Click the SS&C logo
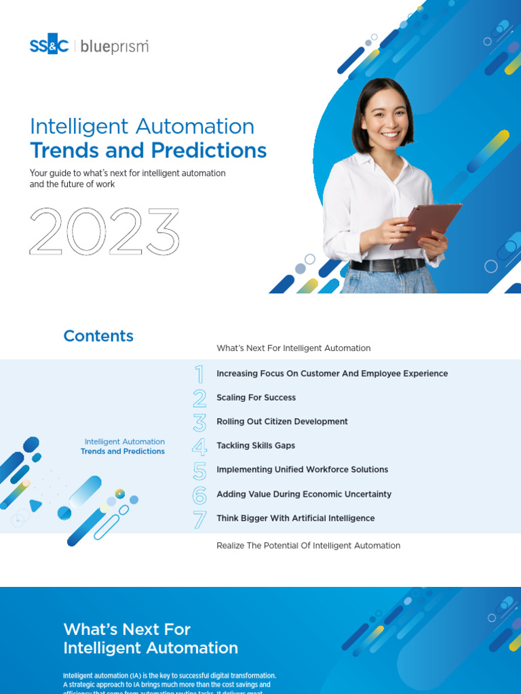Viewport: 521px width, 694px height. click(x=49, y=46)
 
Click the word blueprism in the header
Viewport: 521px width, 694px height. click(x=114, y=46)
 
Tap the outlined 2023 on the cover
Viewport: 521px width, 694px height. click(x=104, y=232)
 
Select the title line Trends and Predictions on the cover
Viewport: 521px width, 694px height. click(x=148, y=150)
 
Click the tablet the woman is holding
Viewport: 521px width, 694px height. click(x=425, y=226)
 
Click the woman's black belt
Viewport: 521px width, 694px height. click(x=387, y=265)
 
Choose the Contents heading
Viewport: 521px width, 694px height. click(x=98, y=336)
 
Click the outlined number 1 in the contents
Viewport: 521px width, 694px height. click(x=199, y=374)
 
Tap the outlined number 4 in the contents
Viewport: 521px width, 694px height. click(x=199, y=446)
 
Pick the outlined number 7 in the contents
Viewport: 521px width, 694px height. click(x=199, y=519)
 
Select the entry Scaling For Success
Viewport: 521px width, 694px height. click(x=256, y=398)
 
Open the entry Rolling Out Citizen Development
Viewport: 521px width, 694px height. click(x=282, y=422)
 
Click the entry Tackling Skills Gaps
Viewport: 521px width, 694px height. click(x=255, y=445)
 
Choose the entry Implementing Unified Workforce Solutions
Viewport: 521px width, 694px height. click(x=302, y=470)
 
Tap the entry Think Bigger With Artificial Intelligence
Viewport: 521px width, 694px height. click(x=295, y=518)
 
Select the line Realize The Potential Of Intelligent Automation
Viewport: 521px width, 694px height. click(x=308, y=546)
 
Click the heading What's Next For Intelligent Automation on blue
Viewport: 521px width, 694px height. click(x=151, y=638)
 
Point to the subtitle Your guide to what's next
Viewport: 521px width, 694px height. click(x=128, y=178)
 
